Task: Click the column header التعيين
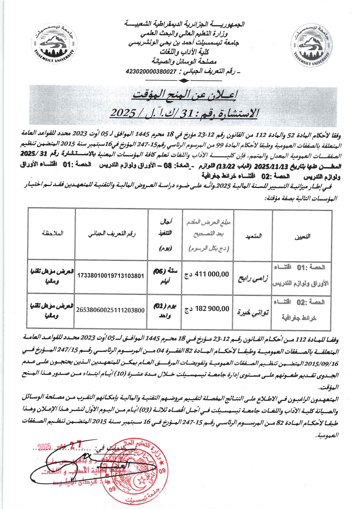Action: coord(302,236)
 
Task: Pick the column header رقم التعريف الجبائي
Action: coord(112,234)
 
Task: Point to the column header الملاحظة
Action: coord(52,233)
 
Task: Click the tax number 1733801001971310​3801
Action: coord(111,276)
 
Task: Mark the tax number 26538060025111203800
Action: coord(110,310)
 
